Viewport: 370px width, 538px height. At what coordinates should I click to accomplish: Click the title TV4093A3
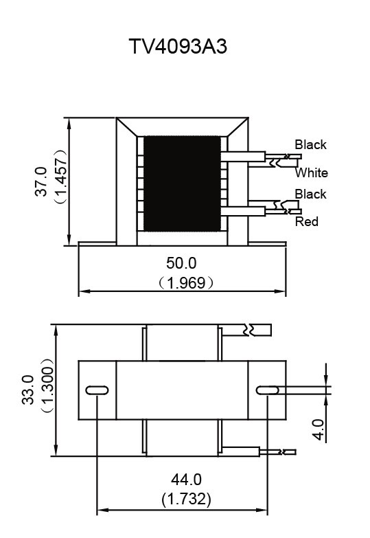coord(178,46)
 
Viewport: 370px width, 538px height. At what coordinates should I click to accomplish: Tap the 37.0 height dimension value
coord(41,181)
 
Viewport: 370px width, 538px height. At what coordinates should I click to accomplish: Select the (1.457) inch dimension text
coord(61,177)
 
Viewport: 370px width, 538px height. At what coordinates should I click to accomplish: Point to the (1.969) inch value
coord(186,283)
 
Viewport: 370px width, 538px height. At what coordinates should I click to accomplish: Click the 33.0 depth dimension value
coord(28,390)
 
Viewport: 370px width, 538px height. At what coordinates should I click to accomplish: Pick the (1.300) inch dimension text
coord(47,385)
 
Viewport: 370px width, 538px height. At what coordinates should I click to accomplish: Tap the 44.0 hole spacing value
coord(186,480)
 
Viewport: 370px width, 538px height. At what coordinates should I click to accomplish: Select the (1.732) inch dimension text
coord(186,499)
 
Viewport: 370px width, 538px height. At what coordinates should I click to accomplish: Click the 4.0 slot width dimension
coord(319,429)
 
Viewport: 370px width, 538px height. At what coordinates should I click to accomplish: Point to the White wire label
coord(312,172)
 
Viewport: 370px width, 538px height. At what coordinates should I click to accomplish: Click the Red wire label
coord(307,222)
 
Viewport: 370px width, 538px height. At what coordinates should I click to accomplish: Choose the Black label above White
coord(311,144)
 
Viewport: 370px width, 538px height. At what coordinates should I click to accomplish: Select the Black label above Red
coord(311,194)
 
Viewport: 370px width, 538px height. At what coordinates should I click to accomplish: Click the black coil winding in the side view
coord(182,183)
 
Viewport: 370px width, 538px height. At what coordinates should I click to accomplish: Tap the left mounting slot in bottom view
coord(97,390)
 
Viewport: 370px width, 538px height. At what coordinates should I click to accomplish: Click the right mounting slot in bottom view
coord(268,390)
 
